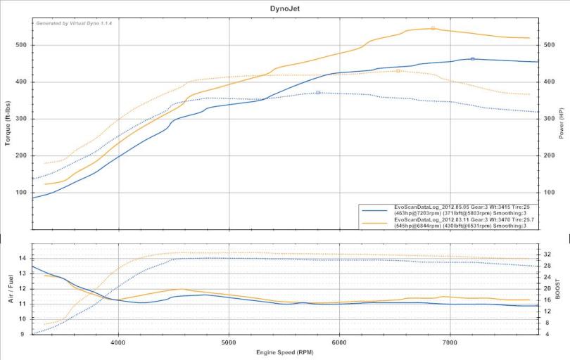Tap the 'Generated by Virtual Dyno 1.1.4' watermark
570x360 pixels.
tap(74, 23)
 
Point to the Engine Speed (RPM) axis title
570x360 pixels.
tap(284, 352)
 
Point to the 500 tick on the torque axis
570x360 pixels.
tap(22, 45)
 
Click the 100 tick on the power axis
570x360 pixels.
tap(549, 193)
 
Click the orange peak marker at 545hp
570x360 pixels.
tap(433, 28)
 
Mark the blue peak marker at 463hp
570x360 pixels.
tap(472, 59)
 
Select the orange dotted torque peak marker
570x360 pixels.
tap(398, 70)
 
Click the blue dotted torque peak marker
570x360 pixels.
tap(318, 92)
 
